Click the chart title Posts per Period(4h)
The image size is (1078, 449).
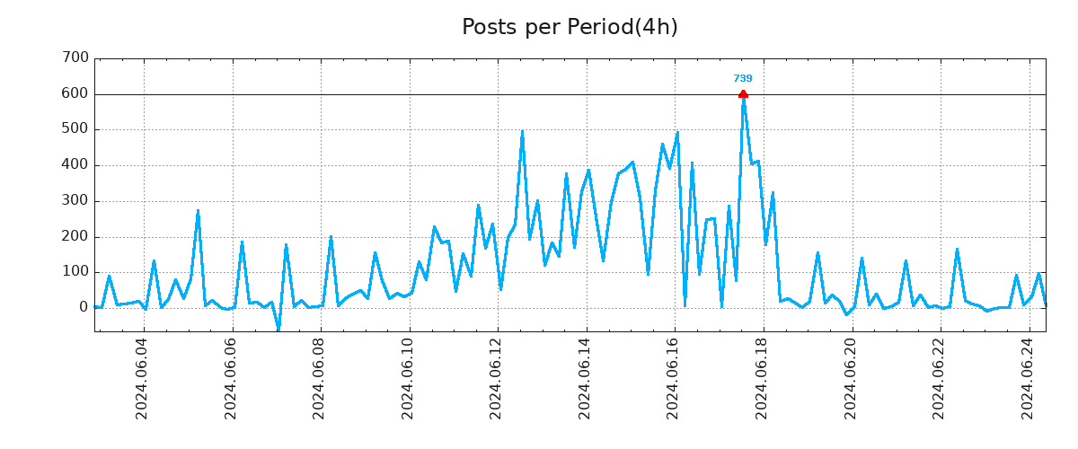pyautogui.click(x=570, y=27)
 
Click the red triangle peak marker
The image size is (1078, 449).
pyautogui.click(x=743, y=93)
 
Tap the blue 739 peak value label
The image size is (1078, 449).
pyautogui.click(x=743, y=79)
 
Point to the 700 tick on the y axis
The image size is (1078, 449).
pyautogui.click(x=76, y=58)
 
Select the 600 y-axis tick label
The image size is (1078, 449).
pyautogui.click(x=76, y=93)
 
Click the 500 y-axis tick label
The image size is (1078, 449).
pyautogui.click(x=76, y=129)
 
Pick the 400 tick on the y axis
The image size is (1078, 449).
pyautogui.click(x=76, y=165)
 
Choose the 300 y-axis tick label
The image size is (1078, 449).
pyautogui.click(x=76, y=201)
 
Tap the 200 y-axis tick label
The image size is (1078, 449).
pyautogui.click(x=76, y=237)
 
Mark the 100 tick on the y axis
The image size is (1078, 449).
pyautogui.click(x=76, y=272)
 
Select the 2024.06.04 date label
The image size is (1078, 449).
pyautogui.click(x=142, y=377)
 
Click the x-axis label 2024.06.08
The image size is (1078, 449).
pyautogui.click(x=319, y=377)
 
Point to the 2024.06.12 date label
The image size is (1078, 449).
pyautogui.click(x=497, y=377)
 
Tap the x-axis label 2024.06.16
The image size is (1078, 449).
pyautogui.click(x=674, y=377)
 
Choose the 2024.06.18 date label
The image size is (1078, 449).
pyautogui.click(x=763, y=377)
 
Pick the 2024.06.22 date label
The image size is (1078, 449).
pyautogui.click(x=940, y=377)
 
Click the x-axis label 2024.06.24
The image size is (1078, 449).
pyautogui.click(x=1029, y=377)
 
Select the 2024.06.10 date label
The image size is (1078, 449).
pyautogui.click(x=408, y=377)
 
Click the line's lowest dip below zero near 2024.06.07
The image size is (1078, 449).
pyautogui.click(x=278, y=330)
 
